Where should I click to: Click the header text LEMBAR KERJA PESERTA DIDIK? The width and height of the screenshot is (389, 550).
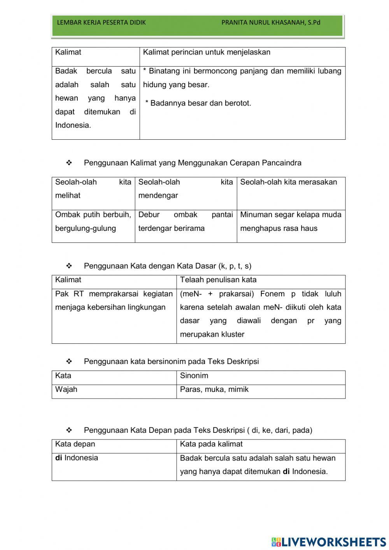tap(101, 23)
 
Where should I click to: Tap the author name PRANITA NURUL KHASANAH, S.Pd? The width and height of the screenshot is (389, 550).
tap(271, 23)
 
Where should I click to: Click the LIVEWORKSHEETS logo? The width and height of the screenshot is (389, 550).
tap(328, 541)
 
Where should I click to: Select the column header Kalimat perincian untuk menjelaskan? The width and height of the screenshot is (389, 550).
tap(207, 53)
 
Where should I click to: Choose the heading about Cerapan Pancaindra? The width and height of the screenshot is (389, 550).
tap(193, 163)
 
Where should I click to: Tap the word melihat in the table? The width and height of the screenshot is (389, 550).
tap(68, 196)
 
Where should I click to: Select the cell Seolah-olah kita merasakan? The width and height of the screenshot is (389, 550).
tap(288, 182)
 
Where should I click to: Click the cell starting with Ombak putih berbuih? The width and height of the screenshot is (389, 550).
tap(93, 221)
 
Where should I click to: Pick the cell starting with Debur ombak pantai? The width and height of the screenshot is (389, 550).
tap(186, 221)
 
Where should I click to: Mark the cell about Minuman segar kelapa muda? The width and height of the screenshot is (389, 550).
tap(291, 221)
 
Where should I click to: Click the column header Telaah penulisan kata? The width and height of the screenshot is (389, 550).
tap(218, 280)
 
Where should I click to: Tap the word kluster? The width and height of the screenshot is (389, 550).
tap(233, 335)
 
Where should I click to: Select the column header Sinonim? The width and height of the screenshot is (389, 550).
tap(194, 376)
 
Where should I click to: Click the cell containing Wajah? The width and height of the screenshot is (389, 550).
tap(67, 390)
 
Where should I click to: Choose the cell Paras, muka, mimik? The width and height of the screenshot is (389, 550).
tap(214, 390)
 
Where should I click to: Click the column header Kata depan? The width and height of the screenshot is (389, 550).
tap(75, 444)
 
